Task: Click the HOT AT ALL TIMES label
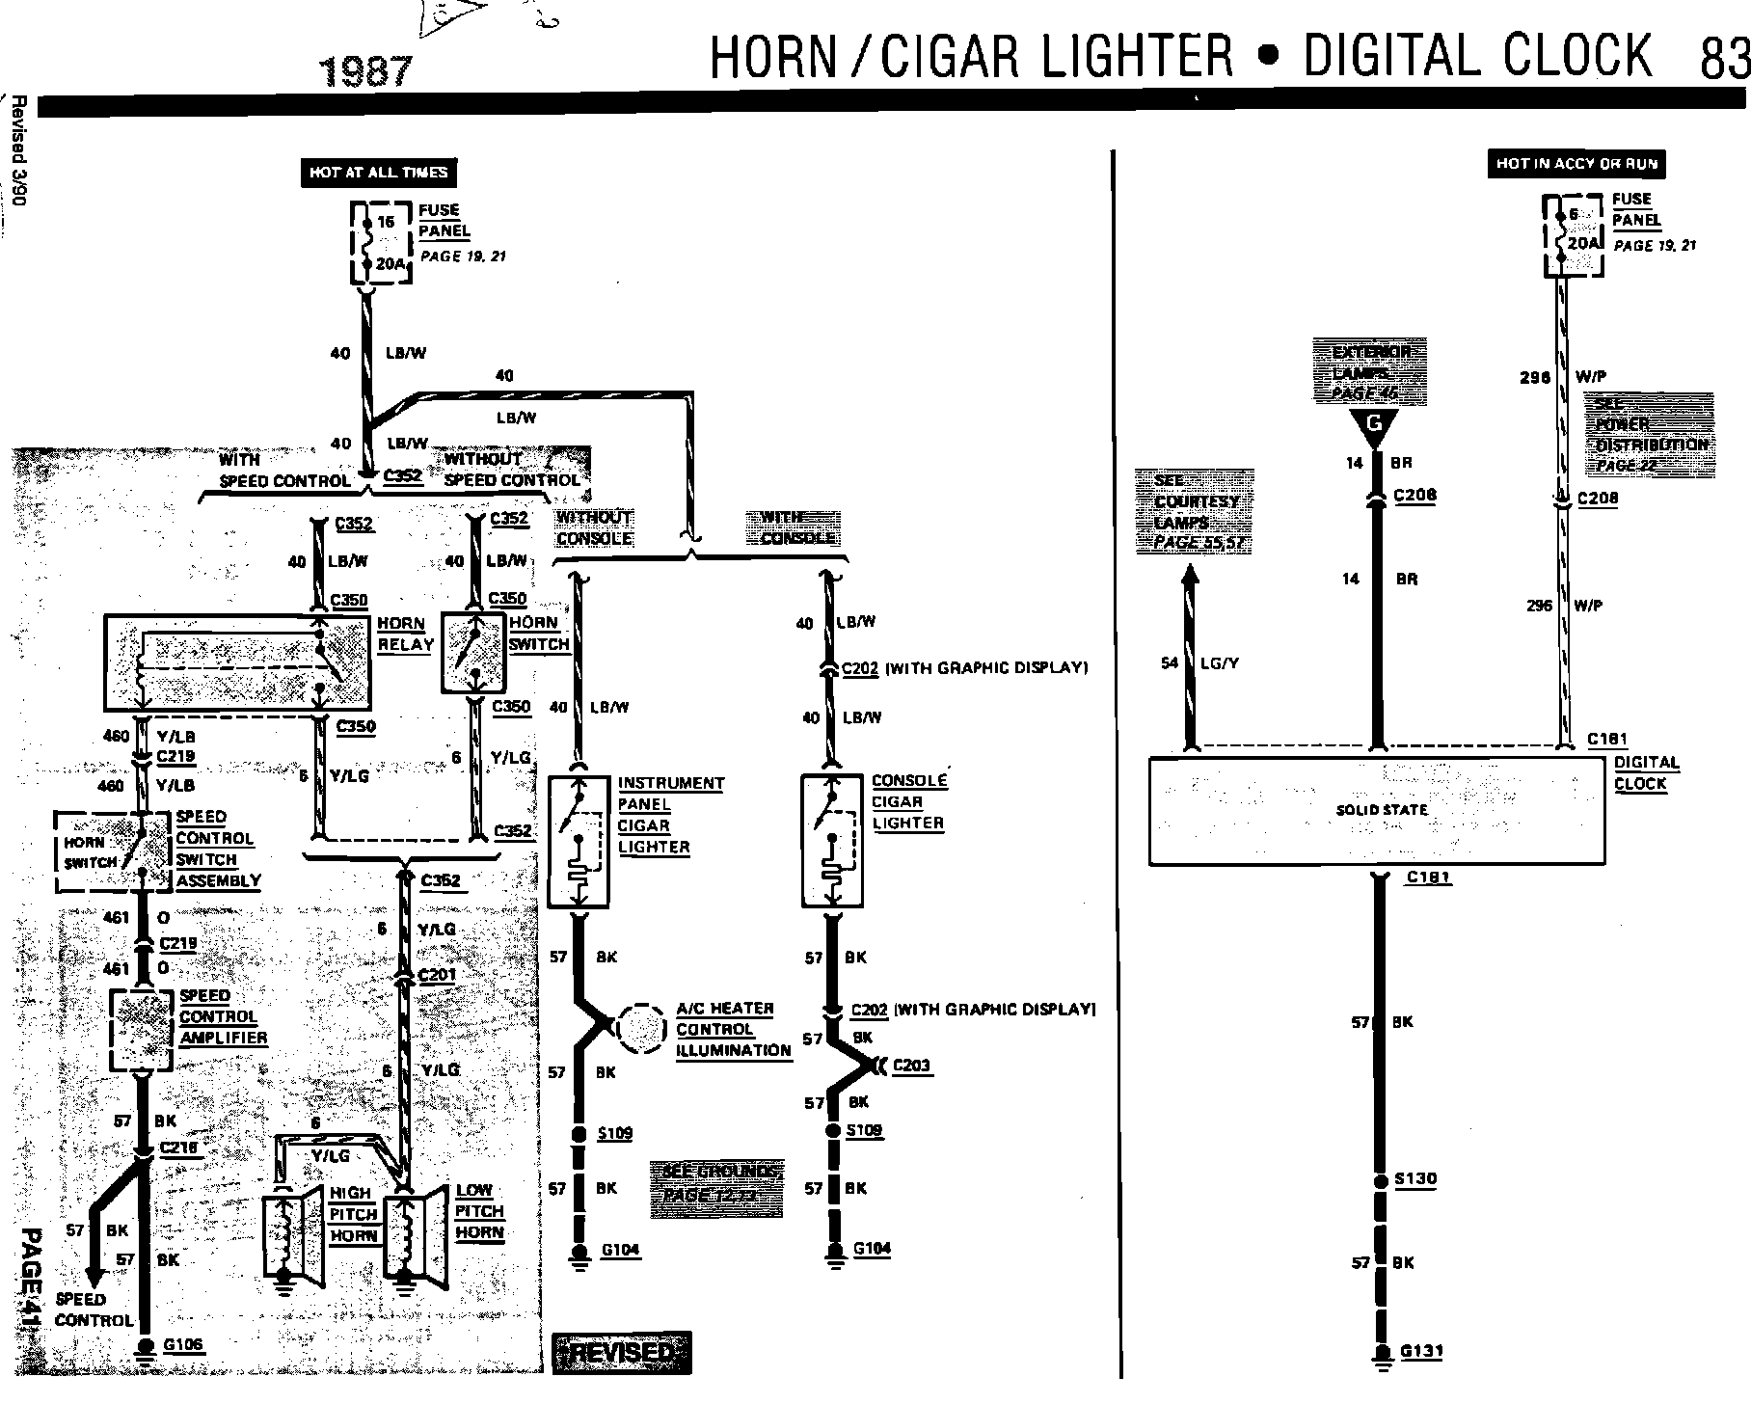click(x=379, y=173)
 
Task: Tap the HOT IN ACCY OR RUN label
click(x=1576, y=164)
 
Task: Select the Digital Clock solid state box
click(x=1377, y=810)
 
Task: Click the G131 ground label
click(x=1421, y=1351)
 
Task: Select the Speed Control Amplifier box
click(x=142, y=1029)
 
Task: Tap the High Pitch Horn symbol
click(x=290, y=1234)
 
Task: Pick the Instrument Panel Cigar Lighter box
click(x=579, y=841)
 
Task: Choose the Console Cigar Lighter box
click(x=832, y=841)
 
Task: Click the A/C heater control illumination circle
click(x=640, y=1029)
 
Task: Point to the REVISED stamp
click(x=622, y=1352)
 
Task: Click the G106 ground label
click(x=183, y=1344)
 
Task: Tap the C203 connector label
click(x=911, y=1066)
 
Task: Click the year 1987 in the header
click(x=365, y=72)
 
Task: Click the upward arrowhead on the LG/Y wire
click(x=1191, y=576)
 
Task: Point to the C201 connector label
click(x=437, y=975)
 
